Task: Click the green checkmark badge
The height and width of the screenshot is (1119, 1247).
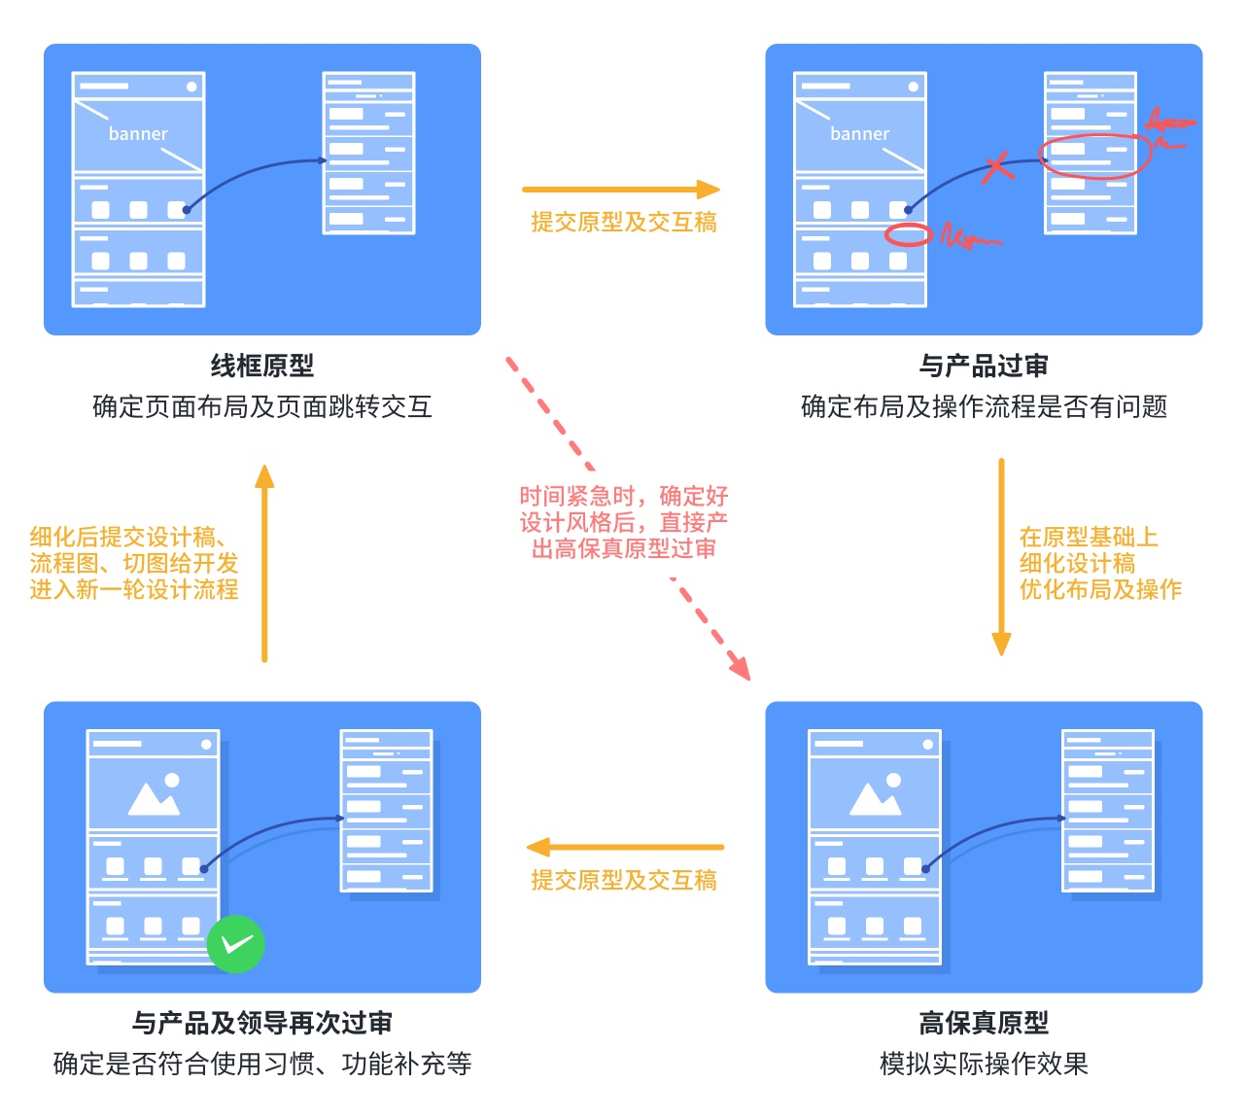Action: point(235,943)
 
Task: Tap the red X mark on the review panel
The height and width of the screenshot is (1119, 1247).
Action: point(997,166)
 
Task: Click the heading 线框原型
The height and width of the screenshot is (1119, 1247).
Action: point(262,366)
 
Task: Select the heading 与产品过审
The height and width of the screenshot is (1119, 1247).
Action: point(984,366)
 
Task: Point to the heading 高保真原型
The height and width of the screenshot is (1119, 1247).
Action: point(984,1023)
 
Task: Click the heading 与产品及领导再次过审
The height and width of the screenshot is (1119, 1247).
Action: point(262,1023)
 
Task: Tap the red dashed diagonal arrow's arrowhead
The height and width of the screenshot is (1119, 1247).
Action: point(741,667)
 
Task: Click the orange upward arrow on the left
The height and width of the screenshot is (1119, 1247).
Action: point(264,564)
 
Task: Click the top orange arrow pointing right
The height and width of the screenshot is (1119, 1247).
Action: point(621,190)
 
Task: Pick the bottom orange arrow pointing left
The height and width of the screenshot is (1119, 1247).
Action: point(625,847)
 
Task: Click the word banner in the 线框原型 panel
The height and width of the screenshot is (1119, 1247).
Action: point(138,134)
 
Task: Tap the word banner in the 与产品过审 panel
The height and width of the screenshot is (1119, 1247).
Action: point(859,134)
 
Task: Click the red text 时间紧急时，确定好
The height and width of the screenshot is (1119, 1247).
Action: point(623,496)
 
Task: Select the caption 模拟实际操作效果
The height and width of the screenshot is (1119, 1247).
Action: point(984,1064)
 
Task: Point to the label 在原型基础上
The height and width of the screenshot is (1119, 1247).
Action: point(1088,537)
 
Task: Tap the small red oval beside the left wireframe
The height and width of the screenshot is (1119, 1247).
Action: point(908,234)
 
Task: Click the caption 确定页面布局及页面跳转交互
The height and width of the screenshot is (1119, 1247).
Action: point(262,406)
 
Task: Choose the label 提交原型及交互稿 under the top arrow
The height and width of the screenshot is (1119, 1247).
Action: point(623,223)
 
